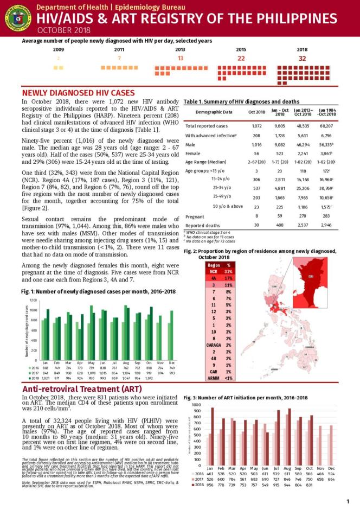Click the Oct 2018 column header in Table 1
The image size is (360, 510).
256,112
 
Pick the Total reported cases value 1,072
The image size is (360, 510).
256,126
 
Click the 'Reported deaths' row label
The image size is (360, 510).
203,225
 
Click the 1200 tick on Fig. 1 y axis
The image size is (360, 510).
33,300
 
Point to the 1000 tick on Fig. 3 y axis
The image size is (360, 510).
195,405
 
